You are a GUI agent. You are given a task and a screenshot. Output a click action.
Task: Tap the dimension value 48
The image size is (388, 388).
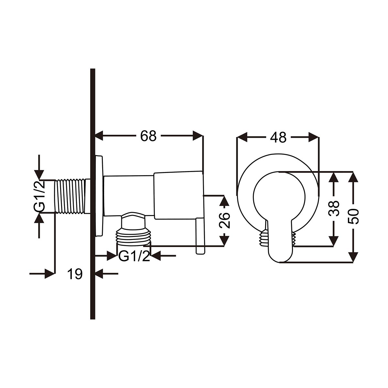(278, 137)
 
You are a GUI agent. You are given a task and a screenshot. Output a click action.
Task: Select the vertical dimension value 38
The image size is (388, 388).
(333, 208)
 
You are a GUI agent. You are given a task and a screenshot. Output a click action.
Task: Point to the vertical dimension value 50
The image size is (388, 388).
(353, 216)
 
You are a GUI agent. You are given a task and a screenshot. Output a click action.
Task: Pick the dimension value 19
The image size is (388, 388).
(75, 274)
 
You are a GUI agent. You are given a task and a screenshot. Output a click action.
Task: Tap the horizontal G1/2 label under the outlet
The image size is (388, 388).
(134, 256)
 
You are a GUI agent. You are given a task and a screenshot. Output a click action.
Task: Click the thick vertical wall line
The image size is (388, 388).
(92, 194)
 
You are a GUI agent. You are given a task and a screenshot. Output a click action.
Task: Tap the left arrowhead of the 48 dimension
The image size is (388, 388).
(242, 137)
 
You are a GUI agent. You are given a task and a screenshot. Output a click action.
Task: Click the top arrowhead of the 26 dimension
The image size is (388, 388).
(224, 200)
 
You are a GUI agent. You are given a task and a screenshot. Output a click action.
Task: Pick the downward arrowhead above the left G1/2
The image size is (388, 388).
(39, 175)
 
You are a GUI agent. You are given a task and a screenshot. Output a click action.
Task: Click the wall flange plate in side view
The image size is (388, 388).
(99, 196)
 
